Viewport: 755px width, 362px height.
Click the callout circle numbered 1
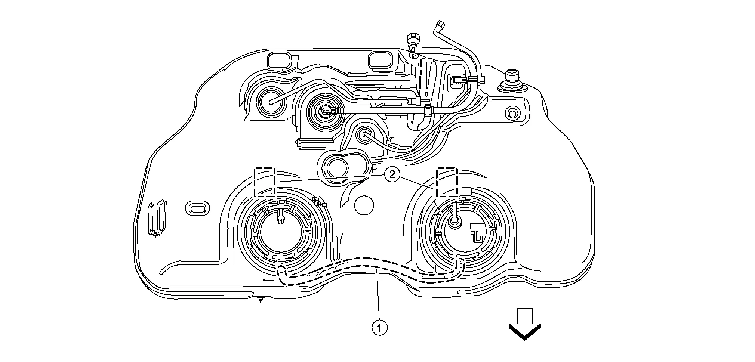point(379,328)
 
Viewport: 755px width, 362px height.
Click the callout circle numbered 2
point(392,174)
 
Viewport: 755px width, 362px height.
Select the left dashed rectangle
point(265,182)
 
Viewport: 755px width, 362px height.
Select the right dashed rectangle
point(447,182)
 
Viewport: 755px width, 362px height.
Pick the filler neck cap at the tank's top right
point(511,76)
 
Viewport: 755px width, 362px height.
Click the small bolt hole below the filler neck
point(512,112)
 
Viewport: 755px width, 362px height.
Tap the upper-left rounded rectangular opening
point(278,61)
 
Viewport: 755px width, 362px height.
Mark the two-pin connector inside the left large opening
point(280,216)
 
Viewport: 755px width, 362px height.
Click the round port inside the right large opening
point(454,222)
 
